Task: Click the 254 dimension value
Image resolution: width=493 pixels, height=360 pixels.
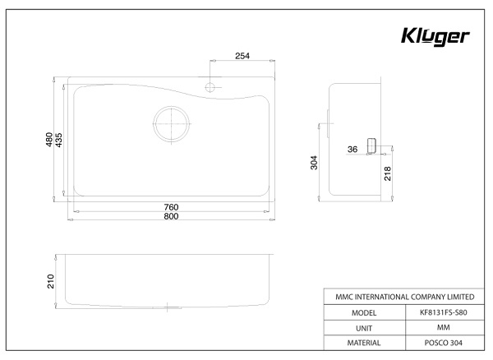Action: tap(242, 56)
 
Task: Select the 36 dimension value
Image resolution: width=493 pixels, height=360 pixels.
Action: tap(352, 150)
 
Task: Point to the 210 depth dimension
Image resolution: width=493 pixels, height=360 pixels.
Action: tap(49, 282)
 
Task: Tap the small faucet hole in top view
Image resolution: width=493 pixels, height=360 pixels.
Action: tap(211, 85)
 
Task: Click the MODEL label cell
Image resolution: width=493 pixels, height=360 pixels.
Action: tap(363, 312)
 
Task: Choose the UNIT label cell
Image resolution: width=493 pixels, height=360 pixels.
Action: tap(363, 327)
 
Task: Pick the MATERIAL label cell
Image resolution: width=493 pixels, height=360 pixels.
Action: tap(363, 342)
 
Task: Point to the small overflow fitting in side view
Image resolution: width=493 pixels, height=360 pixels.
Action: tap(371, 145)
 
